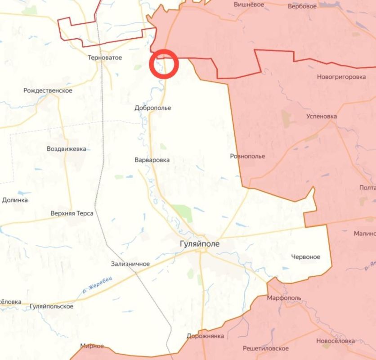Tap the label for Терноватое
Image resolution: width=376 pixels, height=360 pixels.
click(x=105, y=58)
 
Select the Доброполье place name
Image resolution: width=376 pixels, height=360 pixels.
click(x=153, y=108)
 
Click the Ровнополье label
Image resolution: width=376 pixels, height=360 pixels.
click(x=247, y=156)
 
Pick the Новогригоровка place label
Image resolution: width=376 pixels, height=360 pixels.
click(x=341, y=76)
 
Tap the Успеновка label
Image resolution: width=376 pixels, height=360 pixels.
click(x=322, y=116)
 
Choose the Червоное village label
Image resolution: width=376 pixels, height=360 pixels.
click(x=306, y=256)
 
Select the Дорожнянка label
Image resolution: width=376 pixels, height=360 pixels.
click(x=205, y=336)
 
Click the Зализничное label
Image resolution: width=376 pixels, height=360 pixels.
click(x=130, y=264)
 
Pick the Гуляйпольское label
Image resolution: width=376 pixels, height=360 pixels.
click(x=51, y=306)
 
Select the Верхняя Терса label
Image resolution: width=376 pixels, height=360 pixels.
click(x=72, y=213)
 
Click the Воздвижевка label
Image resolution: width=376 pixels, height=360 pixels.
click(x=67, y=148)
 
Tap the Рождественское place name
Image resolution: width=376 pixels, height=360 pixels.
click(x=48, y=90)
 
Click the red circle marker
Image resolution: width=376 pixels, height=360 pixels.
click(x=164, y=64)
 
